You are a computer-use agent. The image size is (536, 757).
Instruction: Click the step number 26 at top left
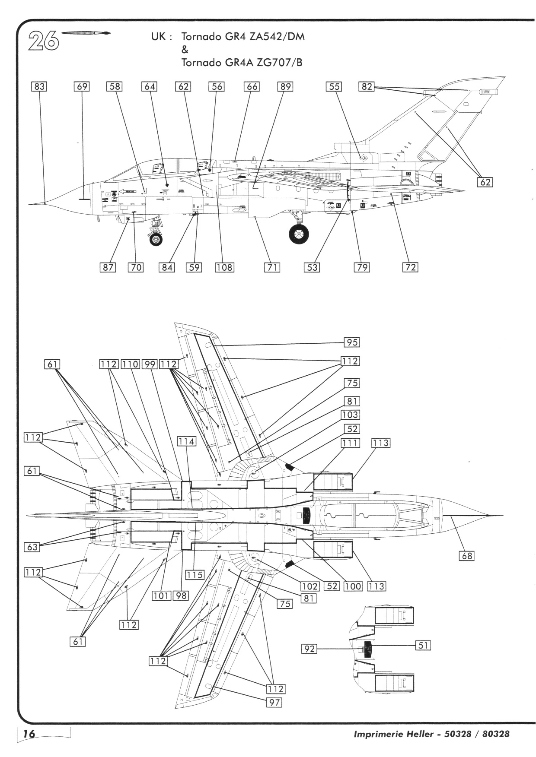(x=44, y=41)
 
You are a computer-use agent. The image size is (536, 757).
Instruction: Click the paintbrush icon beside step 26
(x=86, y=33)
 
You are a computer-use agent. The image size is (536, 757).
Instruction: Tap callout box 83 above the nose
(x=39, y=86)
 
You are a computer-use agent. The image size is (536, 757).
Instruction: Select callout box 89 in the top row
(x=285, y=86)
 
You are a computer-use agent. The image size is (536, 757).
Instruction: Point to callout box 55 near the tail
(x=334, y=86)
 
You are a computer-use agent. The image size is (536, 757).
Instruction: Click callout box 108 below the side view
(x=224, y=267)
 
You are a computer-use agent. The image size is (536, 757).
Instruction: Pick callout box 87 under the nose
(x=108, y=267)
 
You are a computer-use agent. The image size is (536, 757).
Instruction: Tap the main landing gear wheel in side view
(x=299, y=234)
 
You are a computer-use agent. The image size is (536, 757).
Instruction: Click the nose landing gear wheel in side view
(x=156, y=239)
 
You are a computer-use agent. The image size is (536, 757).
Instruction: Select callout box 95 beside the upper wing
(x=352, y=342)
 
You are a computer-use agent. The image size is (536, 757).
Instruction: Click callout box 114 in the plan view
(x=186, y=441)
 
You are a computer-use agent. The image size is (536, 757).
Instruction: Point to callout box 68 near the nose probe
(x=467, y=556)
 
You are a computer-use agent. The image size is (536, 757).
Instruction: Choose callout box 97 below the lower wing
(x=274, y=703)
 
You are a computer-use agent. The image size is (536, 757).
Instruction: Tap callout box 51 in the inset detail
(x=423, y=645)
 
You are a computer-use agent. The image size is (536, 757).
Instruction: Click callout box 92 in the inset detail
(x=309, y=649)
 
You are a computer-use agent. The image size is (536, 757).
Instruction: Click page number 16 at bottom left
(x=29, y=734)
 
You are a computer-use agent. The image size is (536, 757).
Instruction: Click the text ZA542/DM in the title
(x=281, y=37)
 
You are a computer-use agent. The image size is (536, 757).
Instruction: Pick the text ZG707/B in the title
(x=279, y=63)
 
